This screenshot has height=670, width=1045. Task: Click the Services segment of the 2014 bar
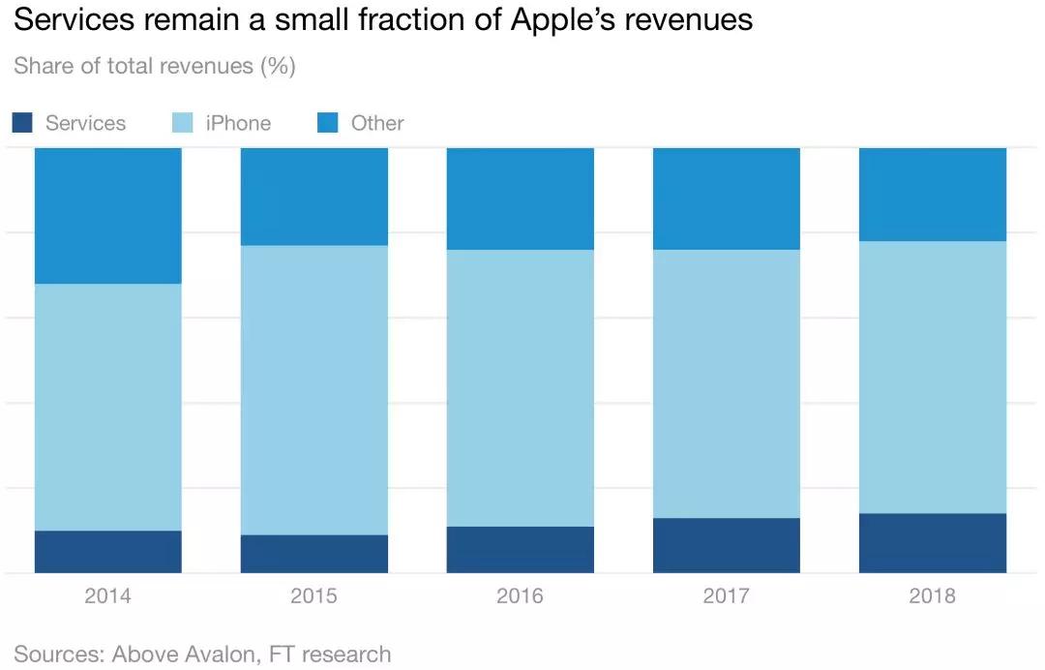tap(107, 552)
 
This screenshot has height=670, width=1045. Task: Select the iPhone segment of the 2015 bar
tap(313, 389)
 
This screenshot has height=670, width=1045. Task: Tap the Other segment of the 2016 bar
tap(520, 198)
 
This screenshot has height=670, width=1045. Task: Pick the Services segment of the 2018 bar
tap(933, 543)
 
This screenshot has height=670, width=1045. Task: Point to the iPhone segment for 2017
tap(727, 383)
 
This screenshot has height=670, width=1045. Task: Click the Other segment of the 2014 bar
tap(107, 215)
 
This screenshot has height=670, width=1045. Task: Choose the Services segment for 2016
tap(520, 550)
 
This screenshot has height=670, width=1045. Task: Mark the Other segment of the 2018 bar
tap(933, 194)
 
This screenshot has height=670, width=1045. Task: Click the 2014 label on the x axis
tap(107, 595)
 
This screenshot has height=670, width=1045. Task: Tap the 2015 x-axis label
tap(313, 595)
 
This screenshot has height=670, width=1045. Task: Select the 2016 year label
tap(520, 595)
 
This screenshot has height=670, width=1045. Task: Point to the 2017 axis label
tap(727, 595)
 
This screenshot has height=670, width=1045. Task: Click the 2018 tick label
tap(933, 595)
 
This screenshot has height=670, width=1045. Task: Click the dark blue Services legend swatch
tap(23, 123)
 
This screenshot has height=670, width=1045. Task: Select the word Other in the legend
tap(377, 123)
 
